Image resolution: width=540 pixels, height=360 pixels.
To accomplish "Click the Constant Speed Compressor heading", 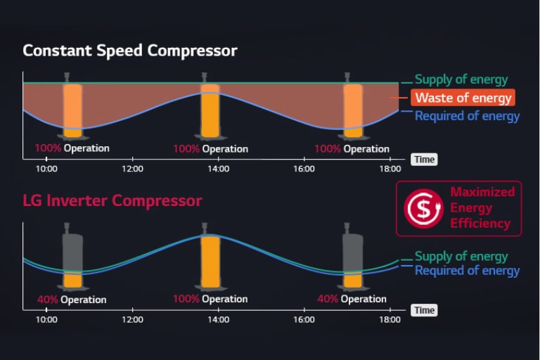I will click(x=130, y=51).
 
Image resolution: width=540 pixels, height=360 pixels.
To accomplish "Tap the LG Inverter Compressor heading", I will click(x=112, y=201).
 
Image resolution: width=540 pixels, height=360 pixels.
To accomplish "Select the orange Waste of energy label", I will click(x=463, y=98).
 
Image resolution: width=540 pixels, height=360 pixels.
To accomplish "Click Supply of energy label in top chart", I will click(x=461, y=79).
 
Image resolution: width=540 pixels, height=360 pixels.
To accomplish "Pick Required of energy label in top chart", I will click(x=467, y=115).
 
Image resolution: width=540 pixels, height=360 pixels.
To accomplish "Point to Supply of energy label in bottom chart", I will click(x=461, y=257).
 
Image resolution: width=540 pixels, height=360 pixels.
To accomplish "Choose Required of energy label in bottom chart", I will click(x=467, y=271).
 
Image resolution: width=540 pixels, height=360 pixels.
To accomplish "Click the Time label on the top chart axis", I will click(x=424, y=160).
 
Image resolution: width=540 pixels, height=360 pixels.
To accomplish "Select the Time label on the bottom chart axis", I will click(x=424, y=310).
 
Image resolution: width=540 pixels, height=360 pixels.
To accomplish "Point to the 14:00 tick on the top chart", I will click(x=218, y=169).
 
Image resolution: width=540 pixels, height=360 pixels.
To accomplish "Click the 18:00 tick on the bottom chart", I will click(x=390, y=319).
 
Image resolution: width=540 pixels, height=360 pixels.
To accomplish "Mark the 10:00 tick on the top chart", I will click(x=46, y=169).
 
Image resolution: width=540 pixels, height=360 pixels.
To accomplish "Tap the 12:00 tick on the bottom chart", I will click(x=132, y=319).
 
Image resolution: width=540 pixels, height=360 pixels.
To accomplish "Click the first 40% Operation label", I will click(x=72, y=300).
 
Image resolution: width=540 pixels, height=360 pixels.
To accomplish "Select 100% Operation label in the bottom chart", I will click(x=210, y=299).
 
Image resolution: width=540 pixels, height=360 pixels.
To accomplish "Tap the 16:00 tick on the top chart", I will click(x=304, y=169).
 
